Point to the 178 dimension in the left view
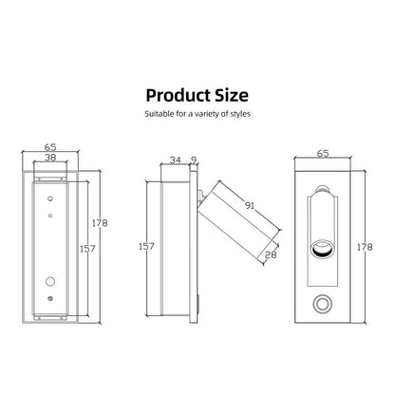[x=101, y=223]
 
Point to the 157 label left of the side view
[x=147, y=246]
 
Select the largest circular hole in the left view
[x=48, y=281]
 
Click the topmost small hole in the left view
[x=48, y=197]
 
